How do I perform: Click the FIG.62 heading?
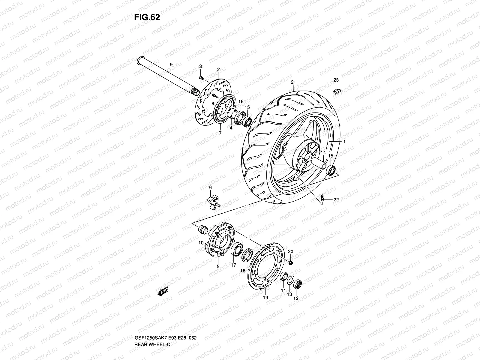click(x=147, y=17)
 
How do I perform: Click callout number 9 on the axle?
click(x=171, y=64)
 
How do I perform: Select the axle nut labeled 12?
click(x=297, y=283)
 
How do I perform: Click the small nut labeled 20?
click(x=290, y=263)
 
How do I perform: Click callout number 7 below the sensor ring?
click(x=220, y=133)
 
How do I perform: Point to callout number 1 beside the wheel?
click(x=344, y=141)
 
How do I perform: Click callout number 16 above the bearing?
click(x=241, y=102)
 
